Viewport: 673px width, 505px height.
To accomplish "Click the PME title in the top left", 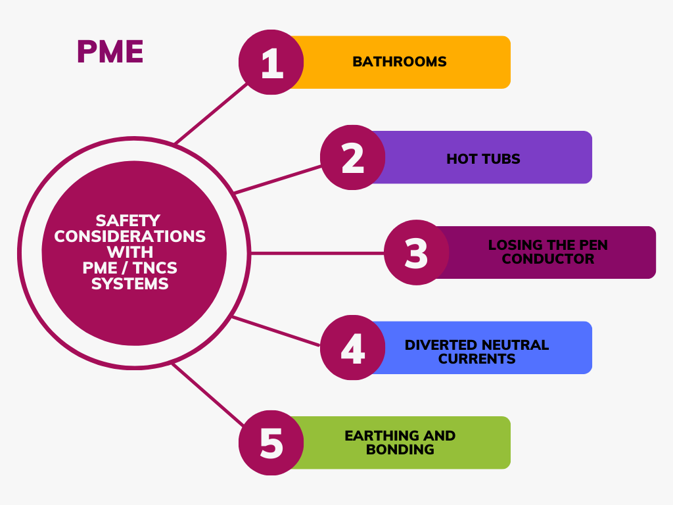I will [x=110, y=52].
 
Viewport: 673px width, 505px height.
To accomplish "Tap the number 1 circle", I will [x=271, y=62].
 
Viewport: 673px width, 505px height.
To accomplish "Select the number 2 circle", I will [x=353, y=158].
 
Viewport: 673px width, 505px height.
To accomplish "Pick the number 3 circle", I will [x=416, y=252].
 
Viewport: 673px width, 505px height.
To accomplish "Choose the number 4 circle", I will [x=353, y=348].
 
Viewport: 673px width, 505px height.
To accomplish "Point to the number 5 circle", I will [x=271, y=443].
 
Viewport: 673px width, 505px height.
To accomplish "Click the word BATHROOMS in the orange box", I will [x=399, y=62].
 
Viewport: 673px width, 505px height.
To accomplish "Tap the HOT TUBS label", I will [x=483, y=158].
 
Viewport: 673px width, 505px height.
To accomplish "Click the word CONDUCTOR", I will [x=547, y=259].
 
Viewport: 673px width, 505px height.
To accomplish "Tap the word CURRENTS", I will [x=476, y=359].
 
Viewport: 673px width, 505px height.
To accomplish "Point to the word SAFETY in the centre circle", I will [x=128, y=220].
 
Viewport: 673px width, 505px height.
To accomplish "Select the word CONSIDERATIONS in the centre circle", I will [x=129, y=236].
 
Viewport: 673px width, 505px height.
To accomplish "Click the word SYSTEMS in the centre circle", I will [x=129, y=284].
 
